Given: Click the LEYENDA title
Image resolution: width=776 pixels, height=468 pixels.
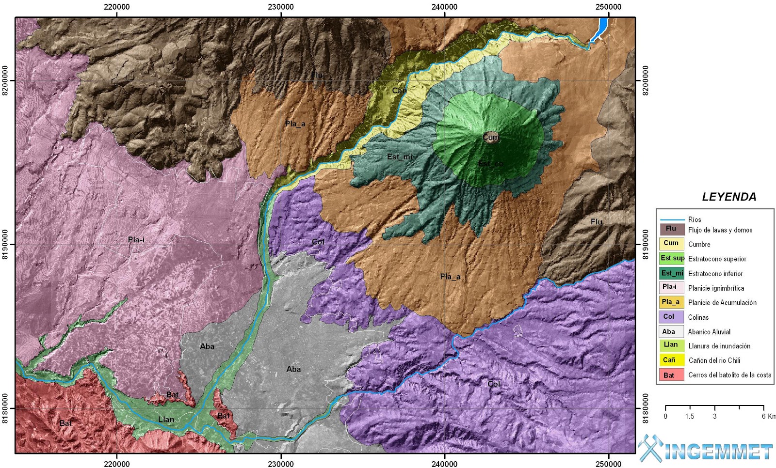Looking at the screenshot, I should click(729, 197).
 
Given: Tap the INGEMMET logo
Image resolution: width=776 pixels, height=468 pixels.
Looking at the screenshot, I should click(706, 450).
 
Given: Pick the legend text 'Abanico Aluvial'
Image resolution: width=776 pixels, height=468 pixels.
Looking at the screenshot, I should click(709, 332).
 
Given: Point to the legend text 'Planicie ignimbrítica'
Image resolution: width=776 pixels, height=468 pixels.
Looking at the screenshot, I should click(716, 288).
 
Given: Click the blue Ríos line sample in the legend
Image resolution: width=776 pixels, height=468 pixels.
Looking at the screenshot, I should click(672, 219).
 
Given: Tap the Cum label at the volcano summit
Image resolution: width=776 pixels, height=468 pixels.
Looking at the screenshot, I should click(490, 137).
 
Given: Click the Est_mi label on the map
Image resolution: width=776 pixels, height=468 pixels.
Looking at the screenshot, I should click(400, 156).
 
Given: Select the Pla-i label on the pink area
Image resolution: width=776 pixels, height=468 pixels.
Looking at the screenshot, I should click(136, 240).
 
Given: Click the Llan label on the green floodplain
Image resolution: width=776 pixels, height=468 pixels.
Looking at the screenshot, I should click(166, 420).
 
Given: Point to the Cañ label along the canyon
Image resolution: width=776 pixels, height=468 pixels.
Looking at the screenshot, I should click(399, 91).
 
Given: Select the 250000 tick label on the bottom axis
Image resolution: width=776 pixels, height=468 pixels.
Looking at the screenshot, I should click(608, 464).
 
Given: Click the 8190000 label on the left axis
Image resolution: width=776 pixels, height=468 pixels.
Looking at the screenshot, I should click(6, 245).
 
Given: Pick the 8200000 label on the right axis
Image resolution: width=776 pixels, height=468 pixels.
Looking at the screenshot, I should click(645, 80).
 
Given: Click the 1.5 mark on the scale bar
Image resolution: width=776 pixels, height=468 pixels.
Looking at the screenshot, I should click(690, 416).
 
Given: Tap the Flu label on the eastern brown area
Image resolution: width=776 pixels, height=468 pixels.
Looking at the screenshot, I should click(596, 222).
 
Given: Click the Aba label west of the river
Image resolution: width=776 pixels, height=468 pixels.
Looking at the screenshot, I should click(207, 346).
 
